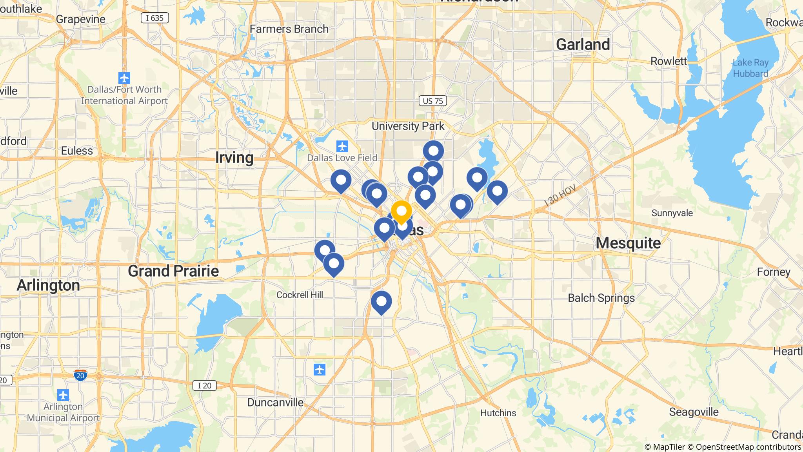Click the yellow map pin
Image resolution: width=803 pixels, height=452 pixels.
(401, 211)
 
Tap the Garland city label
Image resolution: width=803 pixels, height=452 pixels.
(583, 44)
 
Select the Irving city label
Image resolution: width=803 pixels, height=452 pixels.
(234, 157)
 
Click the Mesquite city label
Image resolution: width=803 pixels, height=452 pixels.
(628, 243)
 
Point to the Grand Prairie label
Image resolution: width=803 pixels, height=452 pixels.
(173, 271)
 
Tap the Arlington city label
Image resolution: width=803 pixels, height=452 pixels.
(48, 285)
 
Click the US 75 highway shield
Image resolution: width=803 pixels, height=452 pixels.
(433, 101)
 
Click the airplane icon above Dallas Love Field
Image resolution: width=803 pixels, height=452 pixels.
(342, 147)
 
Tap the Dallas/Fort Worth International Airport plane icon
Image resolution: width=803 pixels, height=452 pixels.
(124, 78)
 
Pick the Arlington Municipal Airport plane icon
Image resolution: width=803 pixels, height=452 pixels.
(63, 395)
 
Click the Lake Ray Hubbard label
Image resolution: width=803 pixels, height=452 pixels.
(750, 68)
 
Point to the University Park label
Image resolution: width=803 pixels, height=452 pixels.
(408, 126)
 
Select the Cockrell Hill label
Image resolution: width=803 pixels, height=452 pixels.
(300, 295)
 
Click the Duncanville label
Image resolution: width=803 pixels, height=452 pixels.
(275, 402)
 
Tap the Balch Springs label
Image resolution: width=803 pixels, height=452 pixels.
(601, 298)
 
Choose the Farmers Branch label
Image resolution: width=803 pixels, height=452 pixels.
(289, 29)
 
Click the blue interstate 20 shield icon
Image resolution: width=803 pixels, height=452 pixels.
(80, 375)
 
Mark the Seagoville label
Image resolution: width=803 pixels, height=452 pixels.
(694, 412)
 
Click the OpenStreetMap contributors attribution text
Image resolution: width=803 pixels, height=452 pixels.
(748, 447)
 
